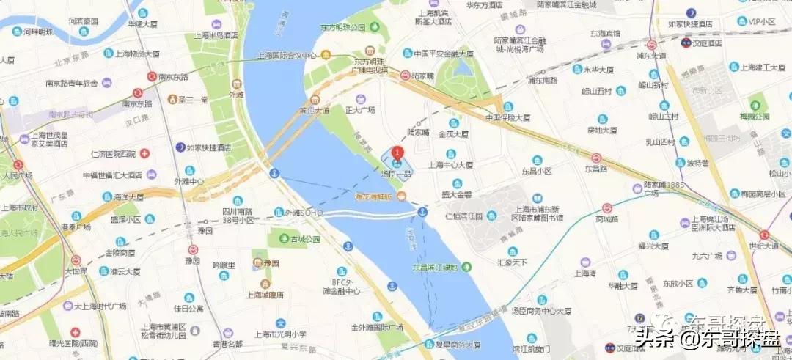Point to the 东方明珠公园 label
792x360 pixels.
342,27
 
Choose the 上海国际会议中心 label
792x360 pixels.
290,55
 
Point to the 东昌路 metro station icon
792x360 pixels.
596,158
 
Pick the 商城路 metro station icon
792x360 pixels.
607,208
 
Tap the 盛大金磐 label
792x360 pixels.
455,194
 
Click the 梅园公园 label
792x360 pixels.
755,117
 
